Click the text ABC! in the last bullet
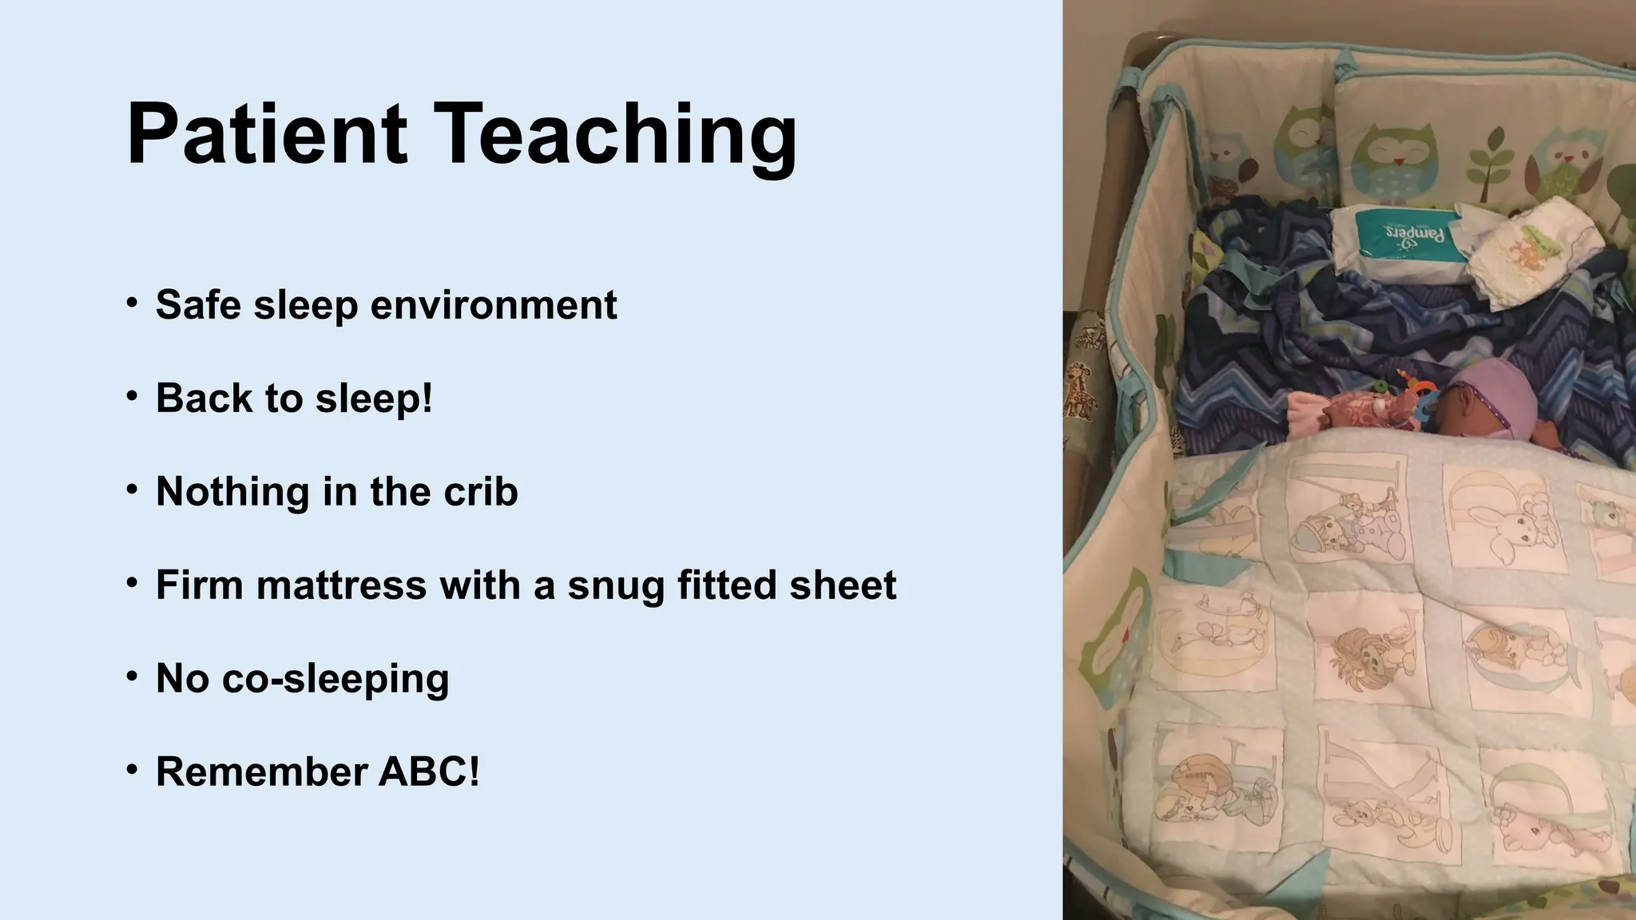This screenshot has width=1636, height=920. (430, 771)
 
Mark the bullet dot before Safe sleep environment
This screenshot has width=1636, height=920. (132, 303)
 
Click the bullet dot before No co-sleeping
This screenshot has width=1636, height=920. (132, 677)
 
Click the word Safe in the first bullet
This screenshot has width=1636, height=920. (198, 305)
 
